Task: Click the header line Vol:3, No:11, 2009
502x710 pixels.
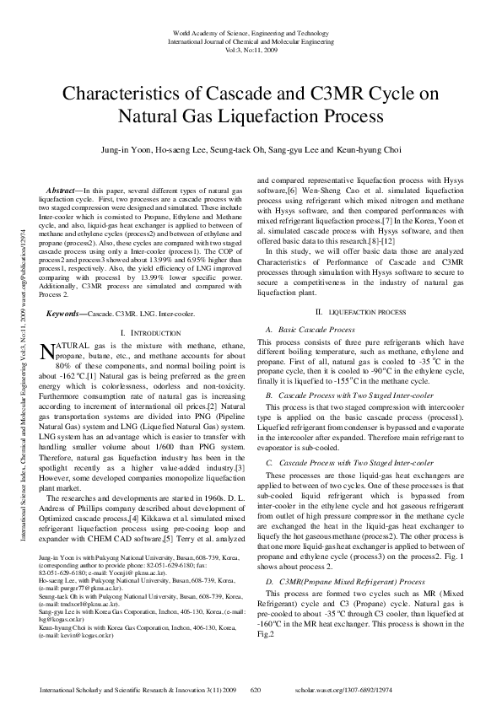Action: [x=250, y=49]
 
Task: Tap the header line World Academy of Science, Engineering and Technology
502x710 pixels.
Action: [x=250, y=33]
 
